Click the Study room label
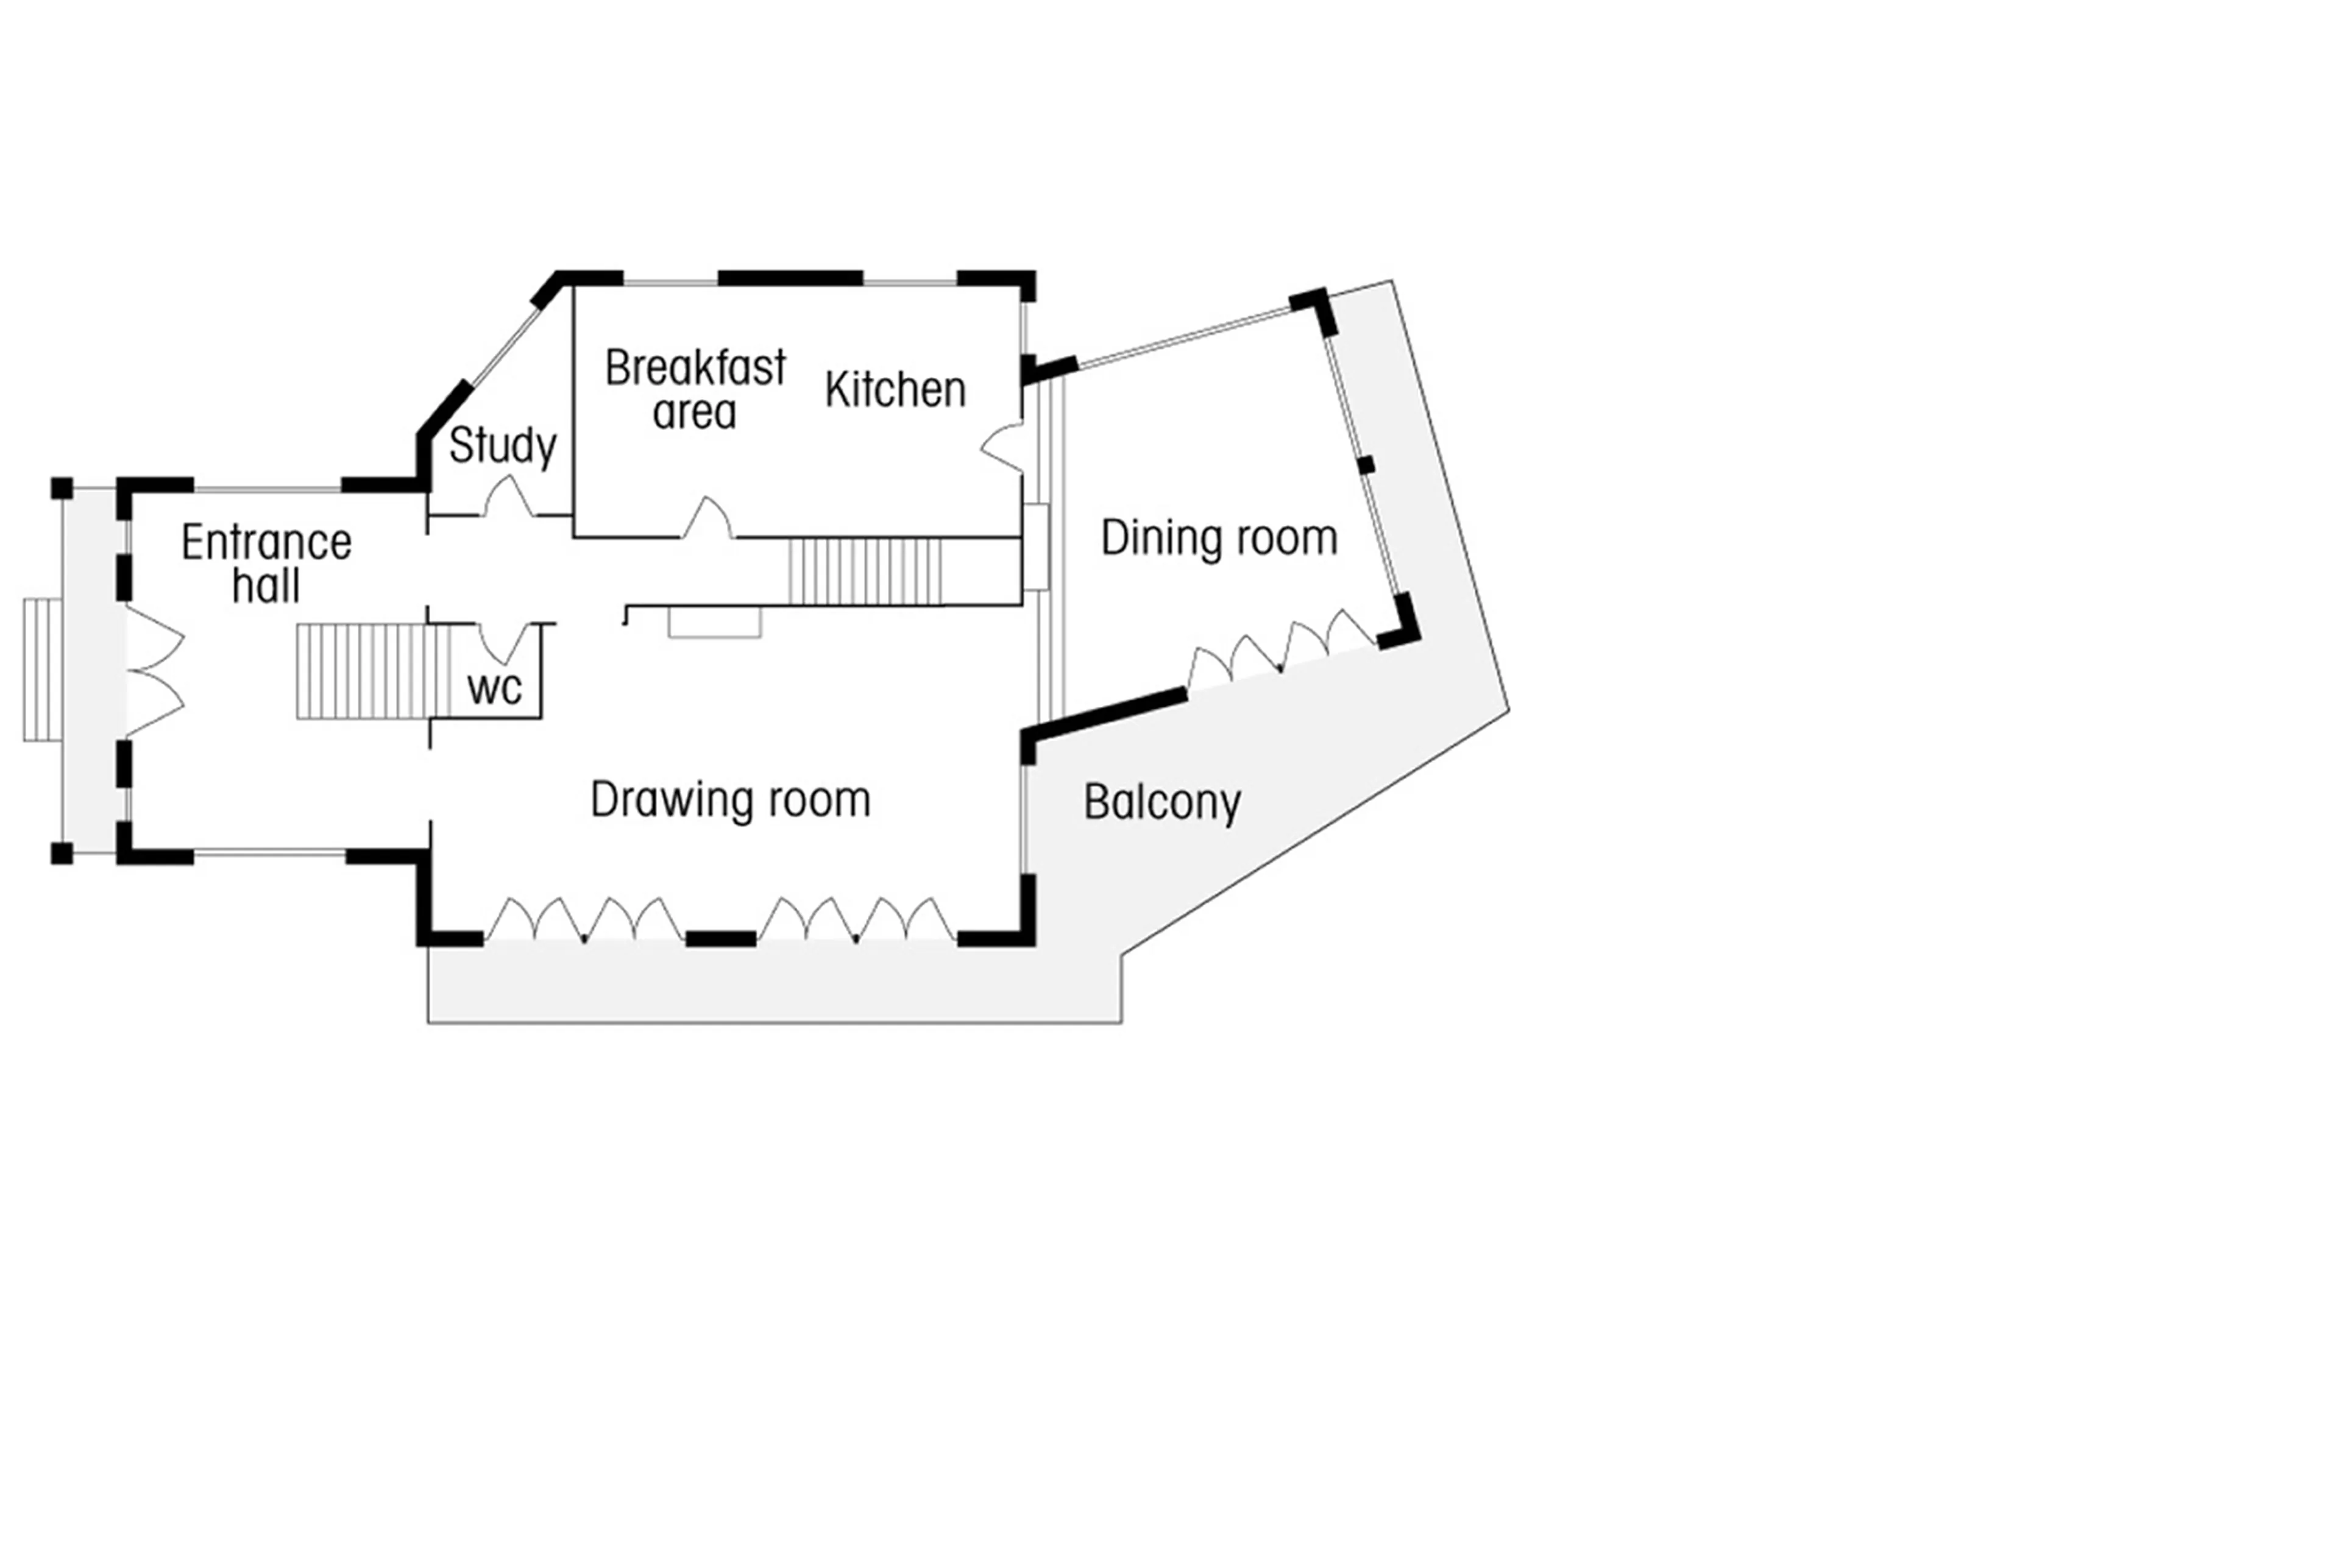pos(502,445)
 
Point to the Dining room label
pos(1218,538)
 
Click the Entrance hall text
pos(266,563)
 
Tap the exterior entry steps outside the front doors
pos(42,669)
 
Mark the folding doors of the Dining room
pos(1282,648)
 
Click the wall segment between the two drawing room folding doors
pos(720,938)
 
